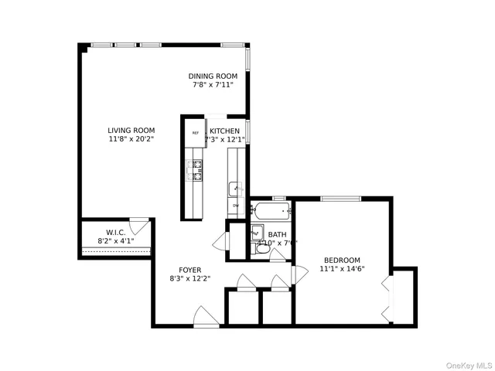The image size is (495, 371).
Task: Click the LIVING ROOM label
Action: (131, 130)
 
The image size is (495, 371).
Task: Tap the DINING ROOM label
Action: (213, 76)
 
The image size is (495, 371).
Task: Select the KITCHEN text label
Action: (224, 131)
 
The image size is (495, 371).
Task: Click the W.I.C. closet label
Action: (115, 233)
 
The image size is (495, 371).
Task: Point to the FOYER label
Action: (190, 270)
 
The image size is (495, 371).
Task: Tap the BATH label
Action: (277, 234)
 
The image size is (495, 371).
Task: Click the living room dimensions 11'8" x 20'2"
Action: (131, 139)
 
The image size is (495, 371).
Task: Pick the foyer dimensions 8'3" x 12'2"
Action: (190, 279)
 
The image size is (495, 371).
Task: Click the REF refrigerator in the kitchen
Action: (196, 133)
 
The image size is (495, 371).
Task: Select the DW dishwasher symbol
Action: (235, 206)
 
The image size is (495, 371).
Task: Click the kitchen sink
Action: (235, 188)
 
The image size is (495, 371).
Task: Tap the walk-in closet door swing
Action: (139, 226)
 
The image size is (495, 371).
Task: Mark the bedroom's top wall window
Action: (341, 199)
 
